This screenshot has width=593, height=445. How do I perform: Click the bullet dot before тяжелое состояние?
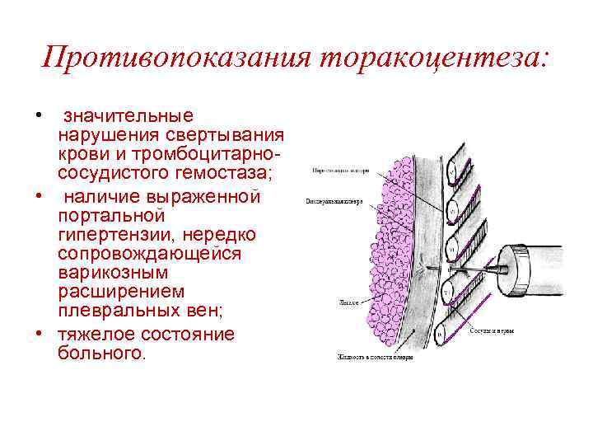[x=39, y=334]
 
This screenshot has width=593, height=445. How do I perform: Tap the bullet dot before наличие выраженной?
[x=39, y=196]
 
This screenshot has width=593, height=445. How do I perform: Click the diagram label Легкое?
[x=347, y=302]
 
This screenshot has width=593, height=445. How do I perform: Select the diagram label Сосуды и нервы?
[x=492, y=330]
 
